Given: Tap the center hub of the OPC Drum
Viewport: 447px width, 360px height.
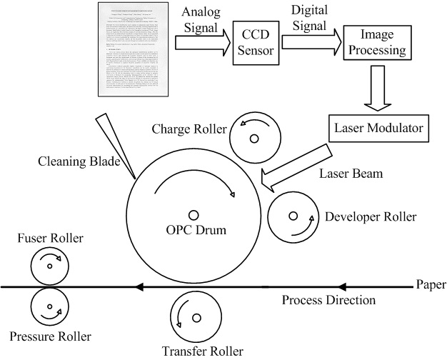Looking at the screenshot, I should click(x=194, y=214).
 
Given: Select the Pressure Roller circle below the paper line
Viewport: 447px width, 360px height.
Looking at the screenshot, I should click(x=49, y=308).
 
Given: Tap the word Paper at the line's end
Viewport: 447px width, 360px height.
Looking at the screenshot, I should click(x=429, y=285).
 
